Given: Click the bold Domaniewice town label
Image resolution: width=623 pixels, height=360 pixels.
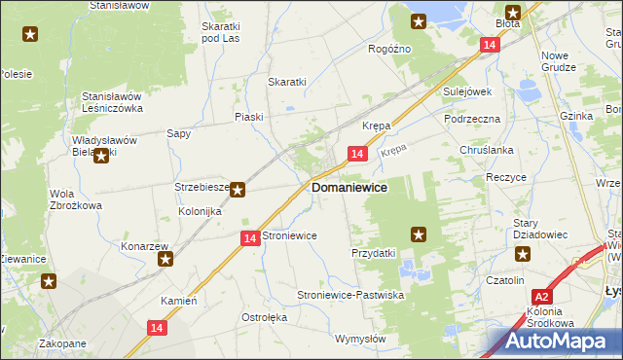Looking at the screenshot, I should (348, 187).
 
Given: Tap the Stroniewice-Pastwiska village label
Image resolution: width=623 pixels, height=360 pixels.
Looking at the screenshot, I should (350, 294).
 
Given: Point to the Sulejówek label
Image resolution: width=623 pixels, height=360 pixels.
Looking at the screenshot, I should (467, 91).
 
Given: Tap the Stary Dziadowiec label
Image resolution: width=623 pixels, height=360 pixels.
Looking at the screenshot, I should (536, 229).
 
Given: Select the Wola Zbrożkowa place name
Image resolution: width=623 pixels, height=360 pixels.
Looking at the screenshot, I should (76, 199).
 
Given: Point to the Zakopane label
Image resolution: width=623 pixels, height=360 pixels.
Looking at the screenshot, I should (62, 343).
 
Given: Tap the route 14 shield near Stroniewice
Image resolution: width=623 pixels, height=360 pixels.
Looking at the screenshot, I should (249, 238).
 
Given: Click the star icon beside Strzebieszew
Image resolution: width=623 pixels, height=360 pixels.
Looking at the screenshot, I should (238, 191).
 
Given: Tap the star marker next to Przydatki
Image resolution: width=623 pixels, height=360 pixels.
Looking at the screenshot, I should (419, 234).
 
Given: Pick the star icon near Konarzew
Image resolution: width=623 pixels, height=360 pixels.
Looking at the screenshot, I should (166, 259).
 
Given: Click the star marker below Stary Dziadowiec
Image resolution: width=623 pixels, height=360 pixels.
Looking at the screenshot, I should (523, 256).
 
